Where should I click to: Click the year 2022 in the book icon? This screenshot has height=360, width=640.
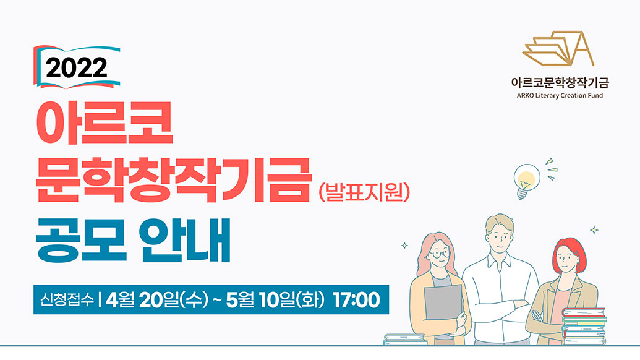tap(76, 68)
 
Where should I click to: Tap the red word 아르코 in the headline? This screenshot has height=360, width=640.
tap(105, 122)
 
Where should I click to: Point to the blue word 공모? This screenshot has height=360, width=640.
tap(81, 241)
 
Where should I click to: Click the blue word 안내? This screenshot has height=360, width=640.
tap(185, 241)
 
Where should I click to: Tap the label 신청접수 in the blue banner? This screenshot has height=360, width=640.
tap(67, 299)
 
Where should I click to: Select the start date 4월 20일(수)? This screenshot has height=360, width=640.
tap(157, 299)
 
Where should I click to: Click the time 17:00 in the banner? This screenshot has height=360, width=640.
tap(356, 299)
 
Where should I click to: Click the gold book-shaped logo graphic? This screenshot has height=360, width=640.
tap(558, 49)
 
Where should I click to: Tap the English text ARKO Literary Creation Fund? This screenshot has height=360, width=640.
tap(560, 96)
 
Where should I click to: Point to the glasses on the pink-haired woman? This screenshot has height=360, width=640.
tap(439, 254)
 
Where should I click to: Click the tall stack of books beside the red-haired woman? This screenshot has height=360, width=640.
tap(584, 326)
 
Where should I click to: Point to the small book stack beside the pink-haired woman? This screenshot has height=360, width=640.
tap(405, 339)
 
